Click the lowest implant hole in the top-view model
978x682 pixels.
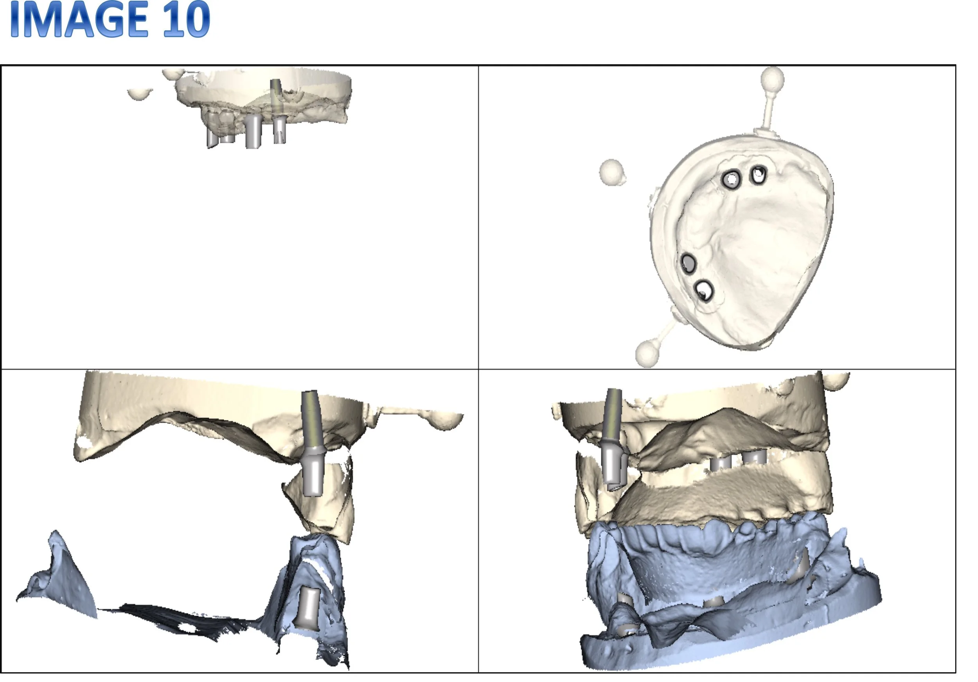pos(704,290)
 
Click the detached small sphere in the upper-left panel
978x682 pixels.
pos(140,94)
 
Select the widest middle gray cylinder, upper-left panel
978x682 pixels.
pos(253,131)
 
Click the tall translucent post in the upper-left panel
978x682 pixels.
pos(277,98)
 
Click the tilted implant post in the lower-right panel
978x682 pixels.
pos(613,439)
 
